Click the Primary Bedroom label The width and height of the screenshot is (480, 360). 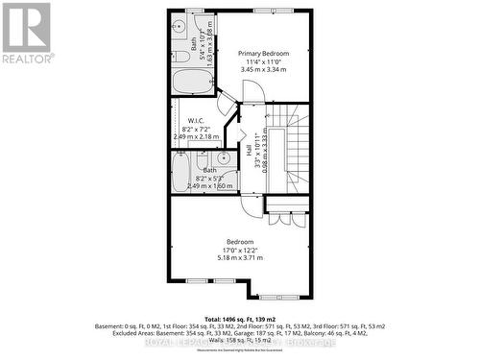point(264,53)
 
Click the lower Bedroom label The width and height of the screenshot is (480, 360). point(240,241)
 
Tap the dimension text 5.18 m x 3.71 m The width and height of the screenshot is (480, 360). point(240,258)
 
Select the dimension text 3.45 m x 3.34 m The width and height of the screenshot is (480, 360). point(264,70)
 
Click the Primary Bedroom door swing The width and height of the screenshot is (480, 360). point(252,91)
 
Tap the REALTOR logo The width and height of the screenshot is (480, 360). point(26,34)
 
